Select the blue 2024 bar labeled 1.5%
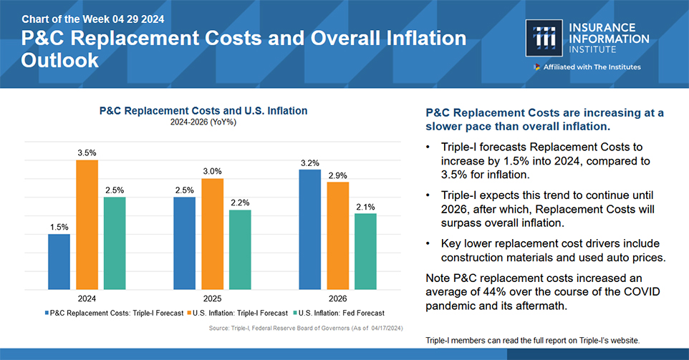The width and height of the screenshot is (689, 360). tap(59, 261)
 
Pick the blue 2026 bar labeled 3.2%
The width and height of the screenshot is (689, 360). tap(310, 229)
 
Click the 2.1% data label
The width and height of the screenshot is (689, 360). tap(365, 207)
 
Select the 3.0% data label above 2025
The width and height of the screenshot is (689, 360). tap(212, 171)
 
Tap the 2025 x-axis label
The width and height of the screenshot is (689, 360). tap(213, 298)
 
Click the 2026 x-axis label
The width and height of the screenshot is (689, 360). tap(338, 298)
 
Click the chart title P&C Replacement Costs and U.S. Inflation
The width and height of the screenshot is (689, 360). tap(203, 111)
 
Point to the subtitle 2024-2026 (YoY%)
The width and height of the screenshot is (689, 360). tap(203, 122)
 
